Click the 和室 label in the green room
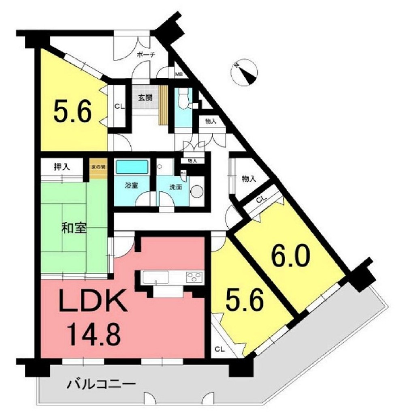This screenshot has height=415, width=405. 74,228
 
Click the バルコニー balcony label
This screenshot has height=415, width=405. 101,383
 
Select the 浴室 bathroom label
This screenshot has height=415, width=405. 131,186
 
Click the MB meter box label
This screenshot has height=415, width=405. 179,74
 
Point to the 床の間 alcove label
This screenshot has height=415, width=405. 98,166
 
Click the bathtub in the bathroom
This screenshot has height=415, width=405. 132,167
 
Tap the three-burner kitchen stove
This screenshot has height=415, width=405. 195,277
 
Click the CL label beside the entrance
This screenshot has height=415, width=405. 119,106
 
